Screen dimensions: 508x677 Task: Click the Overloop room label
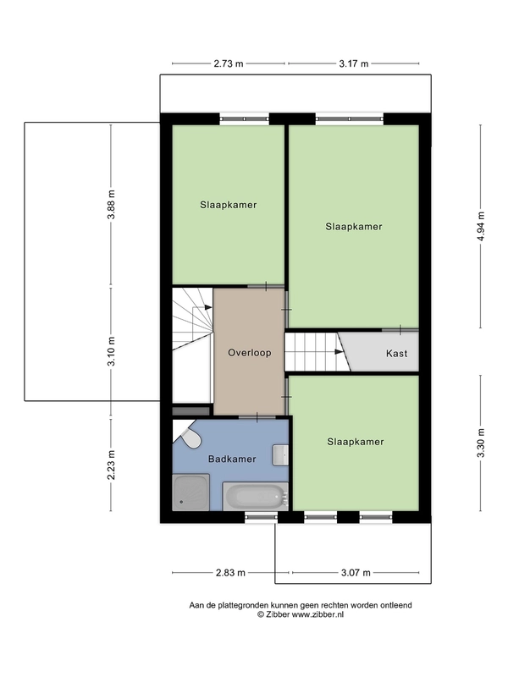pyautogui.click(x=249, y=353)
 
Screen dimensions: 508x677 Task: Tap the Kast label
pyautogui.click(x=396, y=353)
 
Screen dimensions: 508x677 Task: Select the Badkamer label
pyautogui.click(x=232, y=459)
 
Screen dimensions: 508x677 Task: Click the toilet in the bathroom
pyautogui.click(x=188, y=436)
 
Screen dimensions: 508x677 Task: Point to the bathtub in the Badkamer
pyautogui.click(x=256, y=497)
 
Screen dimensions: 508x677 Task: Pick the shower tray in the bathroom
pyautogui.click(x=191, y=493)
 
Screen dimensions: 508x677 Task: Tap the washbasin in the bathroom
pyautogui.click(x=280, y=455)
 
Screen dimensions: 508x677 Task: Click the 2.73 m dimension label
pyautogui.click(x=229, y=64)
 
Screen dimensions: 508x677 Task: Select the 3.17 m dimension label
pyautogui.click(x=353, y=64)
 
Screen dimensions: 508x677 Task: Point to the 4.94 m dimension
pyautogui.click(x=482, y=227)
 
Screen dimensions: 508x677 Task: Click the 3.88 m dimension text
pyautogui.click(x=112, y=205)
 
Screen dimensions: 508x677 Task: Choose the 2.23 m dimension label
pyautogui.click(x=112, y=465)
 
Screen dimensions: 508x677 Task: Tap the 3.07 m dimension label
pyautogui.click(x=356, y=573)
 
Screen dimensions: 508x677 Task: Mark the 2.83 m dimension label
pyautogui.click(x=230, y=573)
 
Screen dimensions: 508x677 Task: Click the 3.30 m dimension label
pyautogui.click(x=482, y=443)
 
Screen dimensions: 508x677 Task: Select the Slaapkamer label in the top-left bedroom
pyautogui.click(x=228, y=205)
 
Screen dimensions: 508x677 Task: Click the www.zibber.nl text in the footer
pyautogui.click(x=317, y=615)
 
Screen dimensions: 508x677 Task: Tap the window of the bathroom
pyautogui.click(x=262, y=517)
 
